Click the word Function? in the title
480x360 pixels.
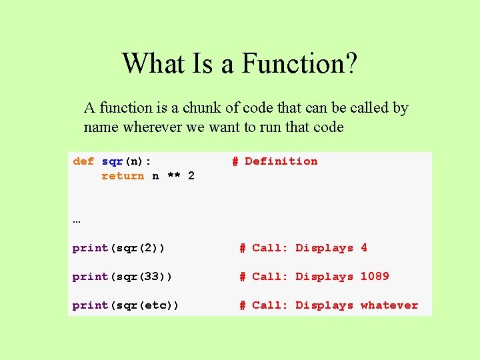[299, 64]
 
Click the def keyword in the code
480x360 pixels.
[83, 161]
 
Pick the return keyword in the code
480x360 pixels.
[123, 176]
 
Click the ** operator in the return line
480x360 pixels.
[173, 176]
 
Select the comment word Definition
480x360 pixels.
[281, 161]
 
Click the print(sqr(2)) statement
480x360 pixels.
[119, 248]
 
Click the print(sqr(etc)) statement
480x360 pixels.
[126, 305]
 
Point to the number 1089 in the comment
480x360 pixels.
[375, 277]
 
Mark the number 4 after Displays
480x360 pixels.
[364, 248]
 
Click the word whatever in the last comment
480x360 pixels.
[389, 305]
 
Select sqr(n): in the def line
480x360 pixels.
[127, 161]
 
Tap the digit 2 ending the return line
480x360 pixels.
[191, 176]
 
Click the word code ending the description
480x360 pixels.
[328, 127]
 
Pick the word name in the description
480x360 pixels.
[99, 127]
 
